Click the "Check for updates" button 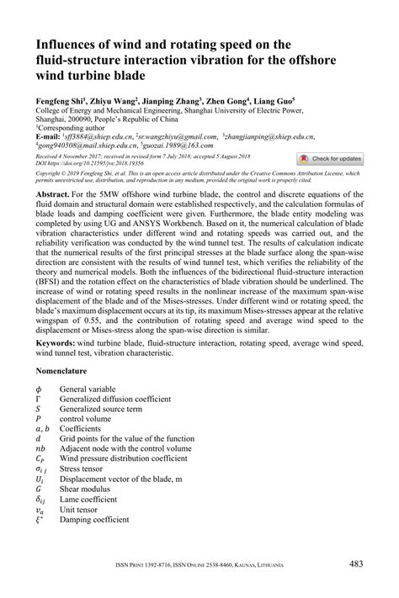[x=330, y=158]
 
